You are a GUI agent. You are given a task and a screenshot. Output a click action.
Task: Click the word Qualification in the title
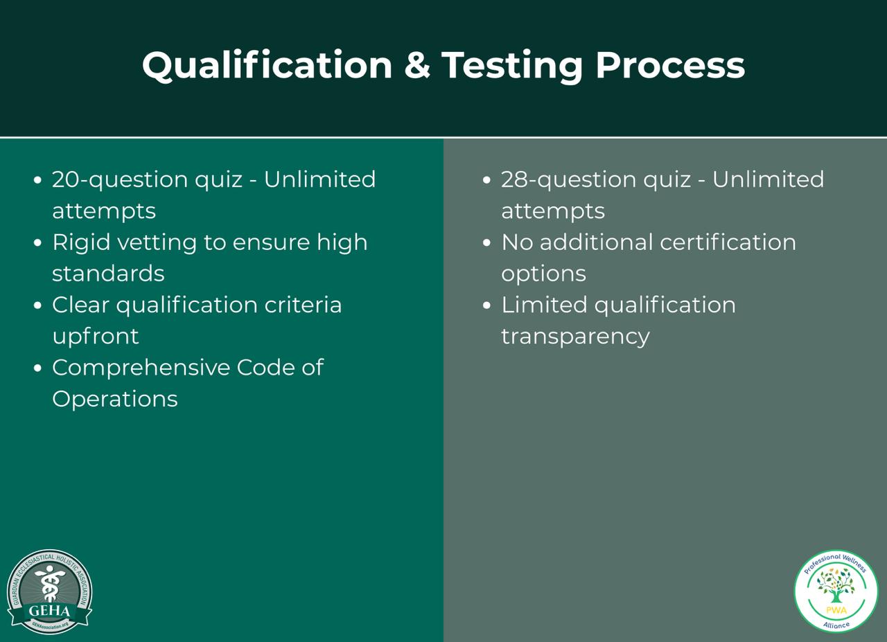coord(267,65)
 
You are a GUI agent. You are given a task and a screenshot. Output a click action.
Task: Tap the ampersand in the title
coord(416,65)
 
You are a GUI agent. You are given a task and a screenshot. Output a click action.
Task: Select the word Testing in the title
coord(512,66)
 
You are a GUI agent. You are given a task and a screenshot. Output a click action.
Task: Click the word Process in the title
coord(669,65)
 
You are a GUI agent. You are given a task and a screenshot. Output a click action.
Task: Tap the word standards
coord(108,274)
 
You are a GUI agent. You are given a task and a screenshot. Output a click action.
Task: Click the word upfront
coord(96,337)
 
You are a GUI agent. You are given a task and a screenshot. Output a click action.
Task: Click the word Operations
coord(115,399)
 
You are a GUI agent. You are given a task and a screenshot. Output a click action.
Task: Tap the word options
coord(543,274)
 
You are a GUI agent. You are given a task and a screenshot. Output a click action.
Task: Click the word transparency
coord(575,337)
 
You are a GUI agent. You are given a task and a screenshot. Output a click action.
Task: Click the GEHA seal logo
coord(49,591)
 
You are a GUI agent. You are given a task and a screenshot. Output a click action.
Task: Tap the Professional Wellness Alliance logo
coord(836,591)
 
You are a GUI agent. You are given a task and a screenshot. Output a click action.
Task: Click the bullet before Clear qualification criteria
coord(38,306)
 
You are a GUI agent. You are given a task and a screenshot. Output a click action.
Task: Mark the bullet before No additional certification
coord(487,243)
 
